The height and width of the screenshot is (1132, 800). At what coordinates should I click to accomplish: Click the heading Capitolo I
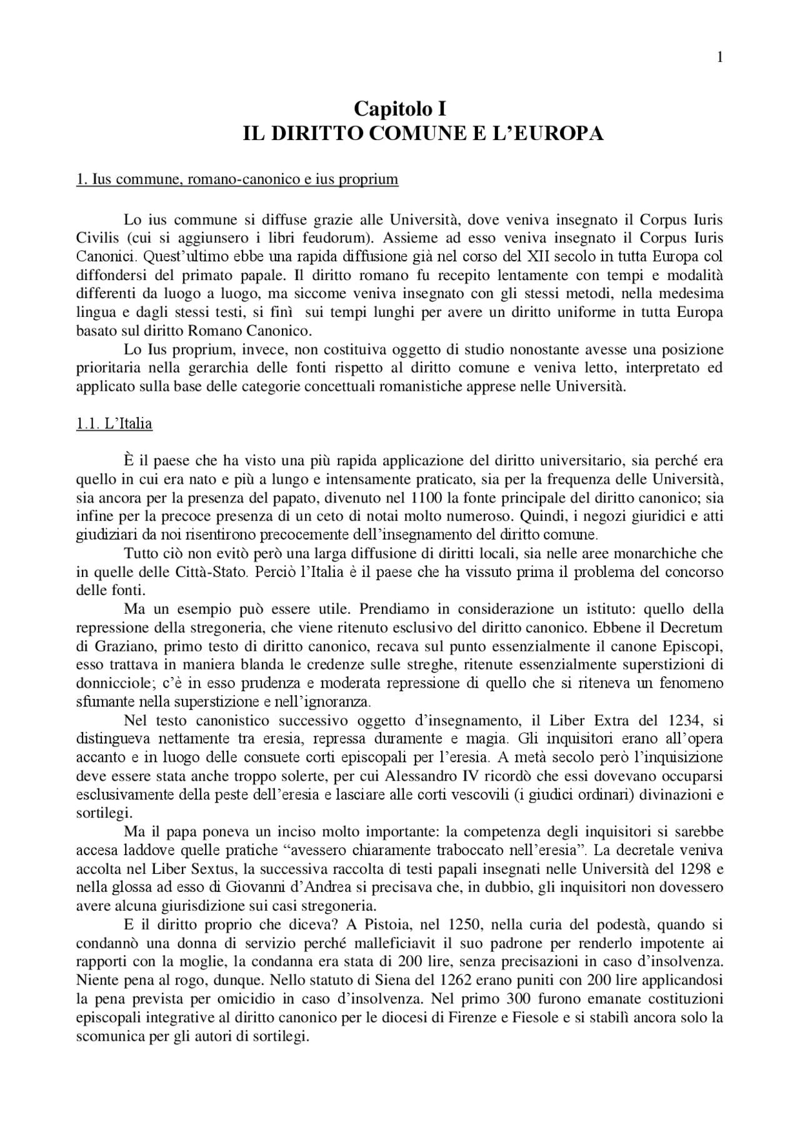pyautogui.click(x=400, y=109)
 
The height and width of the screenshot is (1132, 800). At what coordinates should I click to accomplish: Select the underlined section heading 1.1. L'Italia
pyautogui.click(x=114, y=424)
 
